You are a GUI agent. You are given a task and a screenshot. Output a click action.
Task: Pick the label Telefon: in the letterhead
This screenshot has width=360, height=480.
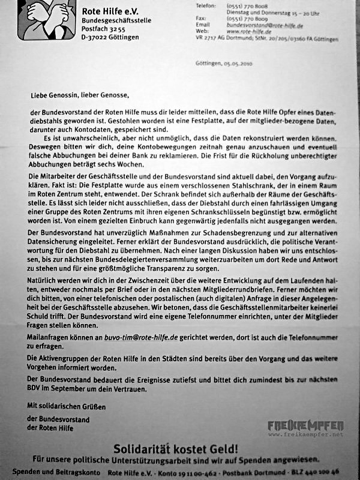pos(206,6)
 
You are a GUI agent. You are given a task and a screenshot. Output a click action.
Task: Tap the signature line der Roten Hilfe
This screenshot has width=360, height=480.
pos(50,428)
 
